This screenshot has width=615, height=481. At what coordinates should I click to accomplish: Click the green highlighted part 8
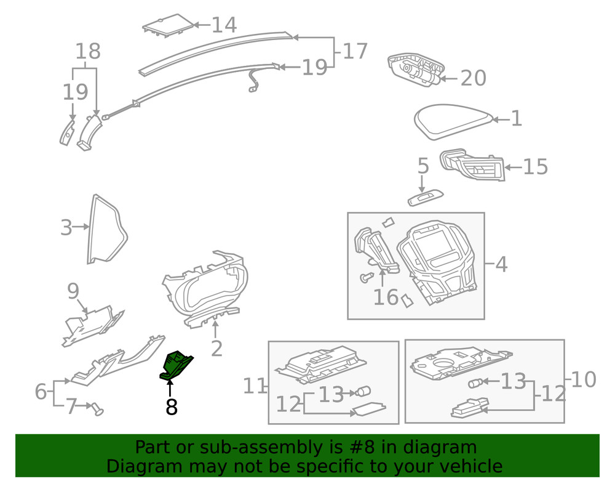pos(176,365)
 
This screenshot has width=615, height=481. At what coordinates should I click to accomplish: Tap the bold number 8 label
pos(171,407)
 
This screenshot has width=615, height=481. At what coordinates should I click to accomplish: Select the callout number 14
pos(224,25)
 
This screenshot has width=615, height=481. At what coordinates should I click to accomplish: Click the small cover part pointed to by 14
pos(168,25)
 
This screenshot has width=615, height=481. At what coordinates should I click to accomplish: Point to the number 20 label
pos(473,78)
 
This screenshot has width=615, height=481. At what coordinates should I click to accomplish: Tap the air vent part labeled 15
pos(472,165)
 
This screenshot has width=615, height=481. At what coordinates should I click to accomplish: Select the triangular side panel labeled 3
pos(106,230)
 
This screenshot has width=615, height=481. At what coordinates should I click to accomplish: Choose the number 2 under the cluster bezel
pos(216,348)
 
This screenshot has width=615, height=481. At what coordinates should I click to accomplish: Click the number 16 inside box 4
pos(386,297)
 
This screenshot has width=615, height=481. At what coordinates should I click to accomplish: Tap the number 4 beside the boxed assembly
pos(501,265)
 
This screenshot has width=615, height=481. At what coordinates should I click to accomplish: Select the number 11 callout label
pos(255,387)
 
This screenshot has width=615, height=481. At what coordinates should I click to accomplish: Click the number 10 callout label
pos(584,380)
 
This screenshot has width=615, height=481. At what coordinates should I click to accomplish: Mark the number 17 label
pos(355,51)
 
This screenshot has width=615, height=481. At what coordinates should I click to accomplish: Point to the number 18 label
pos(88,52)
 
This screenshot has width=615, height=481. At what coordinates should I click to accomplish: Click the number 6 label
pos(41,391)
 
